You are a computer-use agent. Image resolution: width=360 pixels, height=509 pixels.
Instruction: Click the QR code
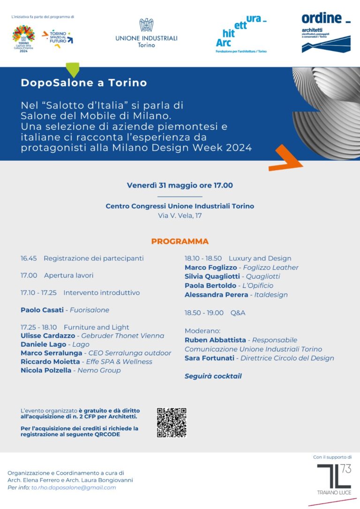coord(172,422)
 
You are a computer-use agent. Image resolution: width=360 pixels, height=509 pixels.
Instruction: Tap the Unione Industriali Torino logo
coord(146,33)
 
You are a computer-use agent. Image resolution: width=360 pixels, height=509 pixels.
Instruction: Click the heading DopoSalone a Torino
coord(83,83)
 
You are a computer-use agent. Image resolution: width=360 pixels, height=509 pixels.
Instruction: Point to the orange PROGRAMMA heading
coord(180,241)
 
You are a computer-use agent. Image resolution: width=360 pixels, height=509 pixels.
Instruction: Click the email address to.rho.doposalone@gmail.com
coord(74,487)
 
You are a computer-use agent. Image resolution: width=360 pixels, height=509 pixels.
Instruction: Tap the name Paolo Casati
coord(43,310)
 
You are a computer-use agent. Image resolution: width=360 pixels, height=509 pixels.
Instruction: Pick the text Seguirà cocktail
coord(213,376)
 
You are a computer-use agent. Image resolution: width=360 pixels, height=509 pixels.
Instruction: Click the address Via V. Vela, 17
coord(180,216)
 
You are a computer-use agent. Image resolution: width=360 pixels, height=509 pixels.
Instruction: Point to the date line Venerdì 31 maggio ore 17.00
coord(180,185)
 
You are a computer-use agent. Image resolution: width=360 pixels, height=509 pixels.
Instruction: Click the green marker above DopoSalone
coord(72,69)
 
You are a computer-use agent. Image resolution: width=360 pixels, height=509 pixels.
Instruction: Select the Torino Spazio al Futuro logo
coord(58,38)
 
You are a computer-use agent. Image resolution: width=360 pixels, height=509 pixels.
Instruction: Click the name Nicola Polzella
coord(46,370)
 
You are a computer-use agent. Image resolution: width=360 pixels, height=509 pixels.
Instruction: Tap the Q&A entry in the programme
coord(238,313)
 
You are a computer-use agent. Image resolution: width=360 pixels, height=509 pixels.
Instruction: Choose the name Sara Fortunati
coord(210,358)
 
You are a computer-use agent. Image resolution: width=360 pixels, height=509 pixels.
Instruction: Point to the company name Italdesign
coord(271,295)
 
